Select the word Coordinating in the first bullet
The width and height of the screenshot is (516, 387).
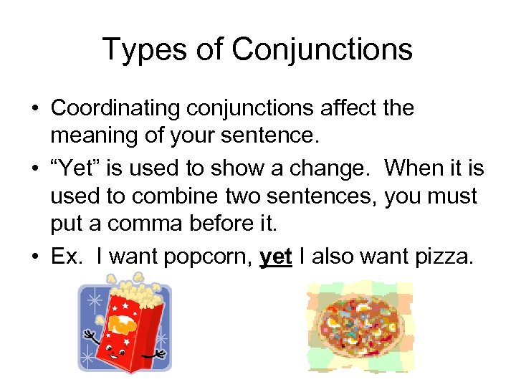click(114, 108)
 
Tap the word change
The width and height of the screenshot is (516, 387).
click(335, 169)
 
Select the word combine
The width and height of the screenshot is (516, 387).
click(167, 196)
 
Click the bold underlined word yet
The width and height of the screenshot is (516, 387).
click(276, 257)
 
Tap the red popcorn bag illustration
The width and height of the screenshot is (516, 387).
click(121, 329)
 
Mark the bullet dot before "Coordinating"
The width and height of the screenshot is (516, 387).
click(34, 109)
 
